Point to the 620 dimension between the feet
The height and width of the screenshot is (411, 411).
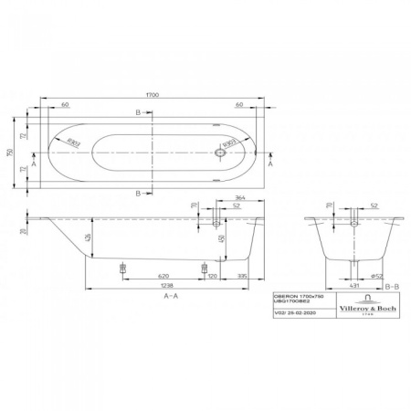[x=162, y=274]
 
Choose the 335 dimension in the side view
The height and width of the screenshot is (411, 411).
[x=244, y=274]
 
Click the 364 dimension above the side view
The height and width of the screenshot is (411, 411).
[x=240, y=198]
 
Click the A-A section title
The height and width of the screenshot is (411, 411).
[x=170, y=298]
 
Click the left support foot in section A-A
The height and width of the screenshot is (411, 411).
[x=122, y=266]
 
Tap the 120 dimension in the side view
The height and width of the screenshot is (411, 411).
[x=212, y=274]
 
